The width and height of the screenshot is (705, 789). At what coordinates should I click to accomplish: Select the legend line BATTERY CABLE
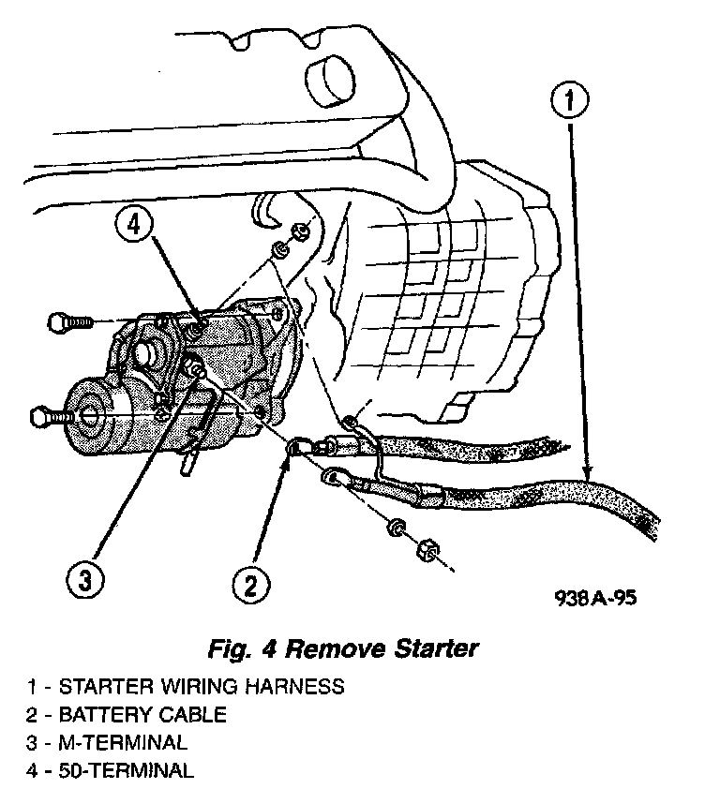coord(127,715)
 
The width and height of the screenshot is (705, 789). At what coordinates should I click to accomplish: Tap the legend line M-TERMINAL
coord(107,743)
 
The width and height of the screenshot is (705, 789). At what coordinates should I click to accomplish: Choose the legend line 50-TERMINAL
coord(111,771)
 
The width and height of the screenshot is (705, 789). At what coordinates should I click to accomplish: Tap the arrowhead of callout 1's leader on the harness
coord(588,477)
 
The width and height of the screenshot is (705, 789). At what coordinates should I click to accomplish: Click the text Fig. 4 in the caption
coord(246,648)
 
